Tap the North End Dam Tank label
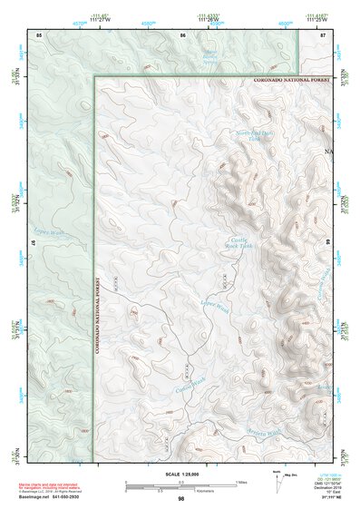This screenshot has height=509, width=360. coord(254,136)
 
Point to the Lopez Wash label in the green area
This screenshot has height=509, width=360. coord(49,232)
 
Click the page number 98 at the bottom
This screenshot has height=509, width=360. coord(180,498)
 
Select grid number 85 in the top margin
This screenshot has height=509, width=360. coord(39,34)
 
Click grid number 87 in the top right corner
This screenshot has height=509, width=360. coord(324,34)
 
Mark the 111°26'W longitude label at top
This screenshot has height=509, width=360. coord(212,20)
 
